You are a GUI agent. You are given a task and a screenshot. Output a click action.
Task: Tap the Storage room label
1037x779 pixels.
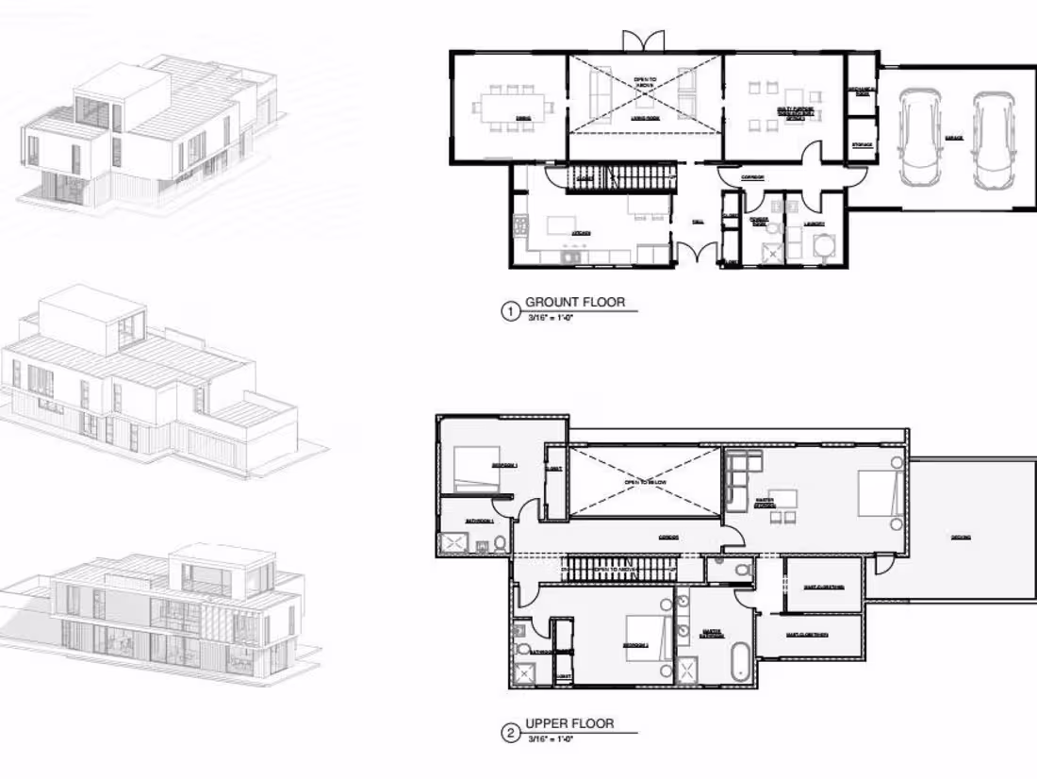coord(862,144)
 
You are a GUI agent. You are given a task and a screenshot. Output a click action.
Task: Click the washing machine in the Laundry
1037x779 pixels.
coord(821,246)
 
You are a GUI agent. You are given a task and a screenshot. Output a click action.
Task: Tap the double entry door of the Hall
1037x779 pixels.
coord(697,254)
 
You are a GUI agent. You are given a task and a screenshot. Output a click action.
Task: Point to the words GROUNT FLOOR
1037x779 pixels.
coord(574,302)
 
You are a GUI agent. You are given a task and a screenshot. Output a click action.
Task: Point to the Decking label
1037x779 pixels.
coord(961,538)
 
